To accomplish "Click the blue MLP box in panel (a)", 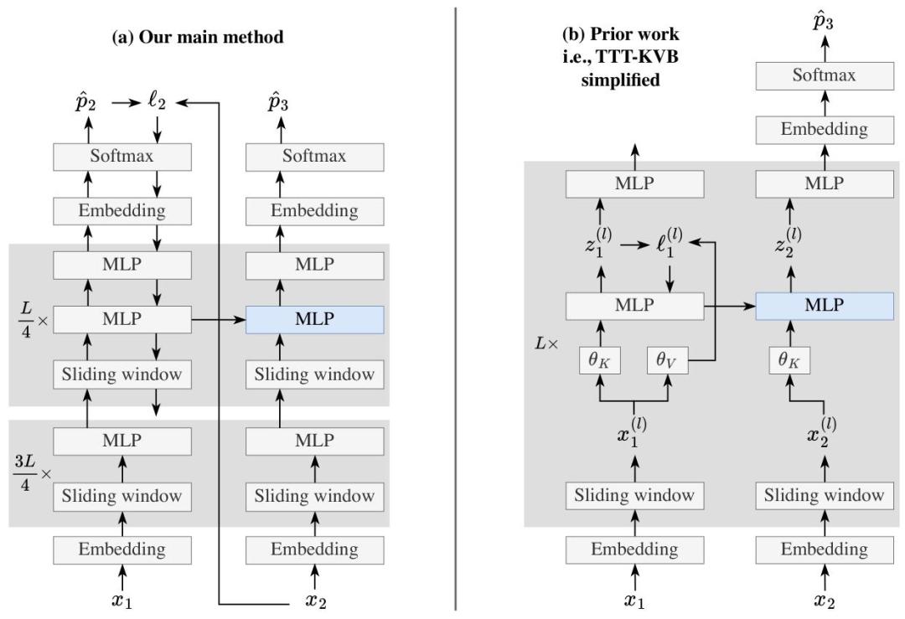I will coord(314,320).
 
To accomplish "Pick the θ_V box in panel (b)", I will coord(668,362).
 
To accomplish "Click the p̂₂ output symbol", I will coord(87,103).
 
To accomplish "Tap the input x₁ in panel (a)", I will coord(123,601).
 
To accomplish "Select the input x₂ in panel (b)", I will coord(824,601).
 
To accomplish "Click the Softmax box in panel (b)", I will coord(825,75).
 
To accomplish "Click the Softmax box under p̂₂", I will coord(123,157).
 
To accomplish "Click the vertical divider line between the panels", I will coord(456,310).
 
